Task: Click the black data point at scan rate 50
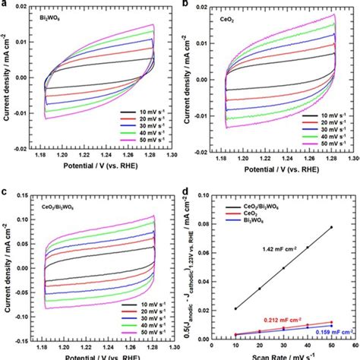[x=330, y=227]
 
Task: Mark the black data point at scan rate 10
[x=235, y=309]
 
